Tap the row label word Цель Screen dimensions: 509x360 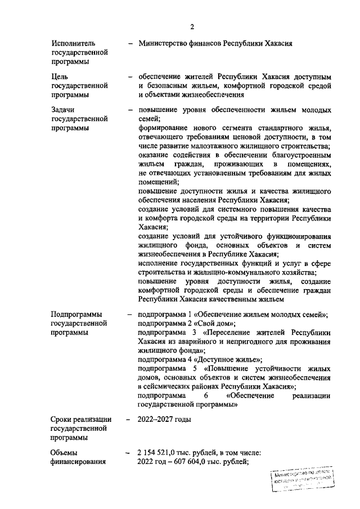tap(60, 76)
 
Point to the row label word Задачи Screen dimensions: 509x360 tap(64, 110)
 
